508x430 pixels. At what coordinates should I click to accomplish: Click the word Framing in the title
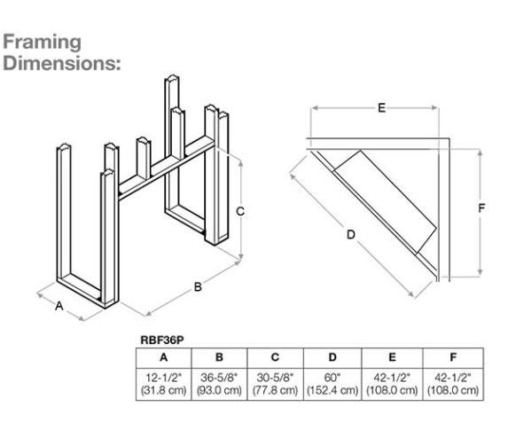point(42,43)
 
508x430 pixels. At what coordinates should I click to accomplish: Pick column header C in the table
point(275,357)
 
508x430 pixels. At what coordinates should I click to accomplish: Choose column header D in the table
point(331,357)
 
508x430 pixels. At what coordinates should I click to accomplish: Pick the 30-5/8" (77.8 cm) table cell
point(275,384)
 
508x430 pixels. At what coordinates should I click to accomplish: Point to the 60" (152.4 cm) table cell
point(331,384)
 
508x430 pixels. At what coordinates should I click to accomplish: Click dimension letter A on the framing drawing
point(59,306)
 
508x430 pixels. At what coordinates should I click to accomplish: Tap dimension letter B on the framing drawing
point(199,287)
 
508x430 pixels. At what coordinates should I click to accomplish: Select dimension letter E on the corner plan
point(381,107)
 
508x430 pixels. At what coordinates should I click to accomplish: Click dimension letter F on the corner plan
point(481,208)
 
